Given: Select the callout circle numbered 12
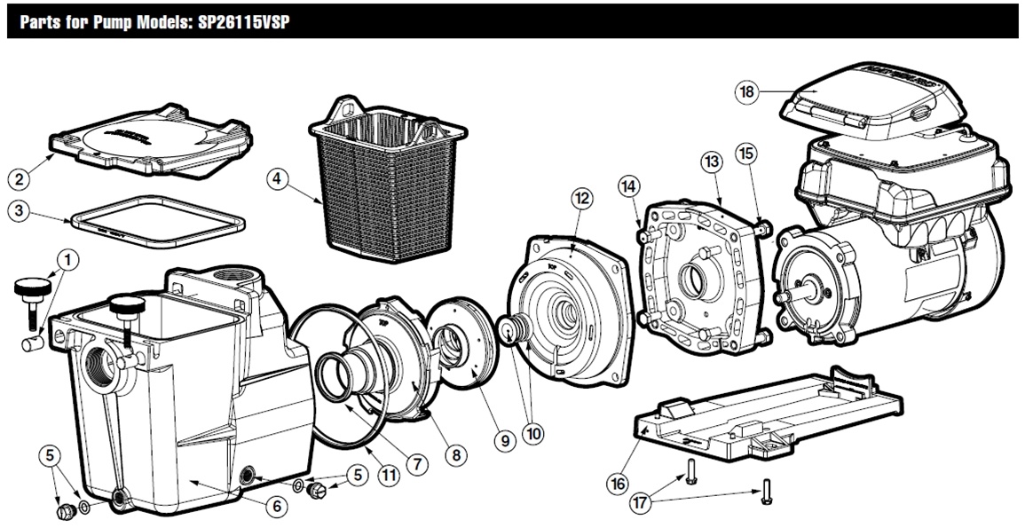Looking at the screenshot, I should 582,199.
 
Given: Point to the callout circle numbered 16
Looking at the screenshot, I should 618,484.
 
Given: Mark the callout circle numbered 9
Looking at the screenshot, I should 505,439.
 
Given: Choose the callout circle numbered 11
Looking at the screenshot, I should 387,474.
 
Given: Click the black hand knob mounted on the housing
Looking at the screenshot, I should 127,309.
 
